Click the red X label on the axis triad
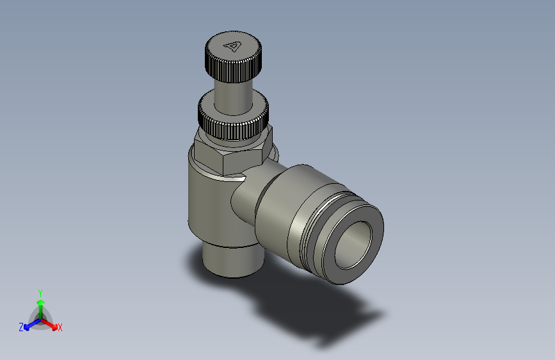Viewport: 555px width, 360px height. click(x=60, y=327)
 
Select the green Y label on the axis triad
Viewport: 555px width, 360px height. click(x=40, y=292)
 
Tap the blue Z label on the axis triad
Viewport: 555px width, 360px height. click(x=21, y=327)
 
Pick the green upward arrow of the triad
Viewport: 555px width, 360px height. click(x=40, y=304)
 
